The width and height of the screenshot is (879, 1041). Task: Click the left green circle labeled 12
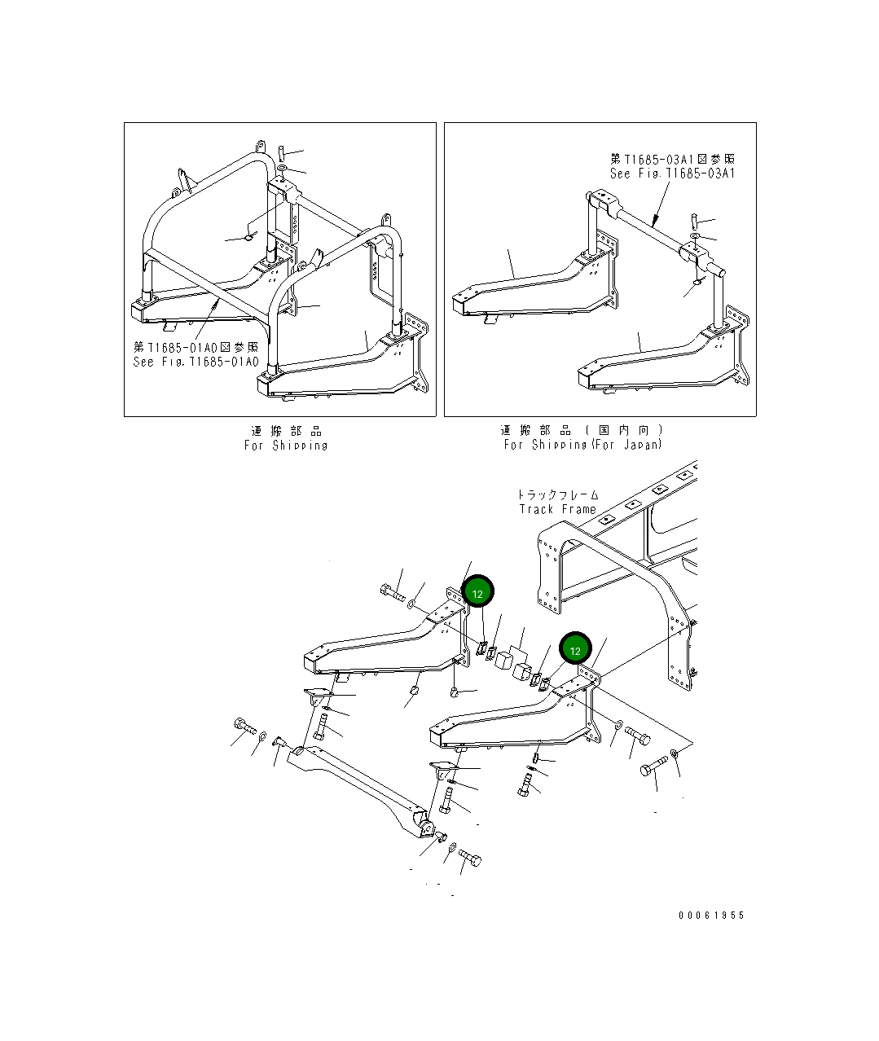(x=477, y=593)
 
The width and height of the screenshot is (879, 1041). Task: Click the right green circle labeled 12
(x=575, y=650)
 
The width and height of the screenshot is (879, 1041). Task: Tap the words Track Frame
(x=558, y=509)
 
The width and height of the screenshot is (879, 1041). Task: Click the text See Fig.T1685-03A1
(x=673, y=173)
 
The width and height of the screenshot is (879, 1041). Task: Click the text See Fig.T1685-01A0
(x=196, y=362)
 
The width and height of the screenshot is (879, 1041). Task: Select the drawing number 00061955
(x=711, y=915)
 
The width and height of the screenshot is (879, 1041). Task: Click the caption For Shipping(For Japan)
(x=582, y=444)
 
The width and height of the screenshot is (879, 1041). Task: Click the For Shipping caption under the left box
(x=286, y=445)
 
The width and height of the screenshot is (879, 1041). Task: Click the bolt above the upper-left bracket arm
(x=392, y=592)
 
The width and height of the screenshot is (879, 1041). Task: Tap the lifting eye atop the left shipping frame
(x=261, y=147)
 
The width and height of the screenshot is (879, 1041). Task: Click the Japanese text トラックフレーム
(x=558, y=494)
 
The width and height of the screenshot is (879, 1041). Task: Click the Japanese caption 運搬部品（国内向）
(x=582, y=430)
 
